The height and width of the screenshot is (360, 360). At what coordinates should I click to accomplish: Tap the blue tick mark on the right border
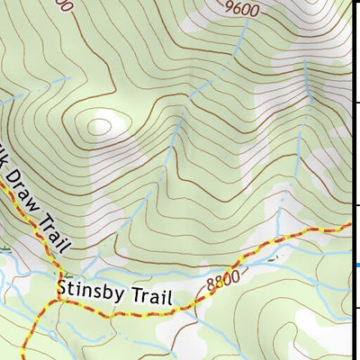tap(355, 264)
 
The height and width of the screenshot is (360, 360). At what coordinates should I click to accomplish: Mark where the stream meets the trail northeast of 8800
tap(277, 241)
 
